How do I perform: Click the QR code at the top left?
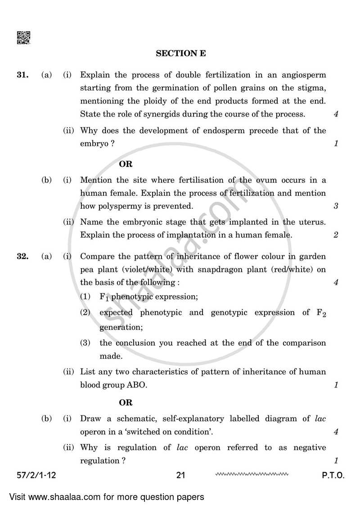23,38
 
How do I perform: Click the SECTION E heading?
181,54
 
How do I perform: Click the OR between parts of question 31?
126,164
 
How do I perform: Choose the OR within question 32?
126,403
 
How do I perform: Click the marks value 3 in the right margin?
336,207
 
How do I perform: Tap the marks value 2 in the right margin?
336,235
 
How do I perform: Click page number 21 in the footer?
181,475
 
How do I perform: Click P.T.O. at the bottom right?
333,475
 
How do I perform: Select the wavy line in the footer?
252,474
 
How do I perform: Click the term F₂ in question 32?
321,313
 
